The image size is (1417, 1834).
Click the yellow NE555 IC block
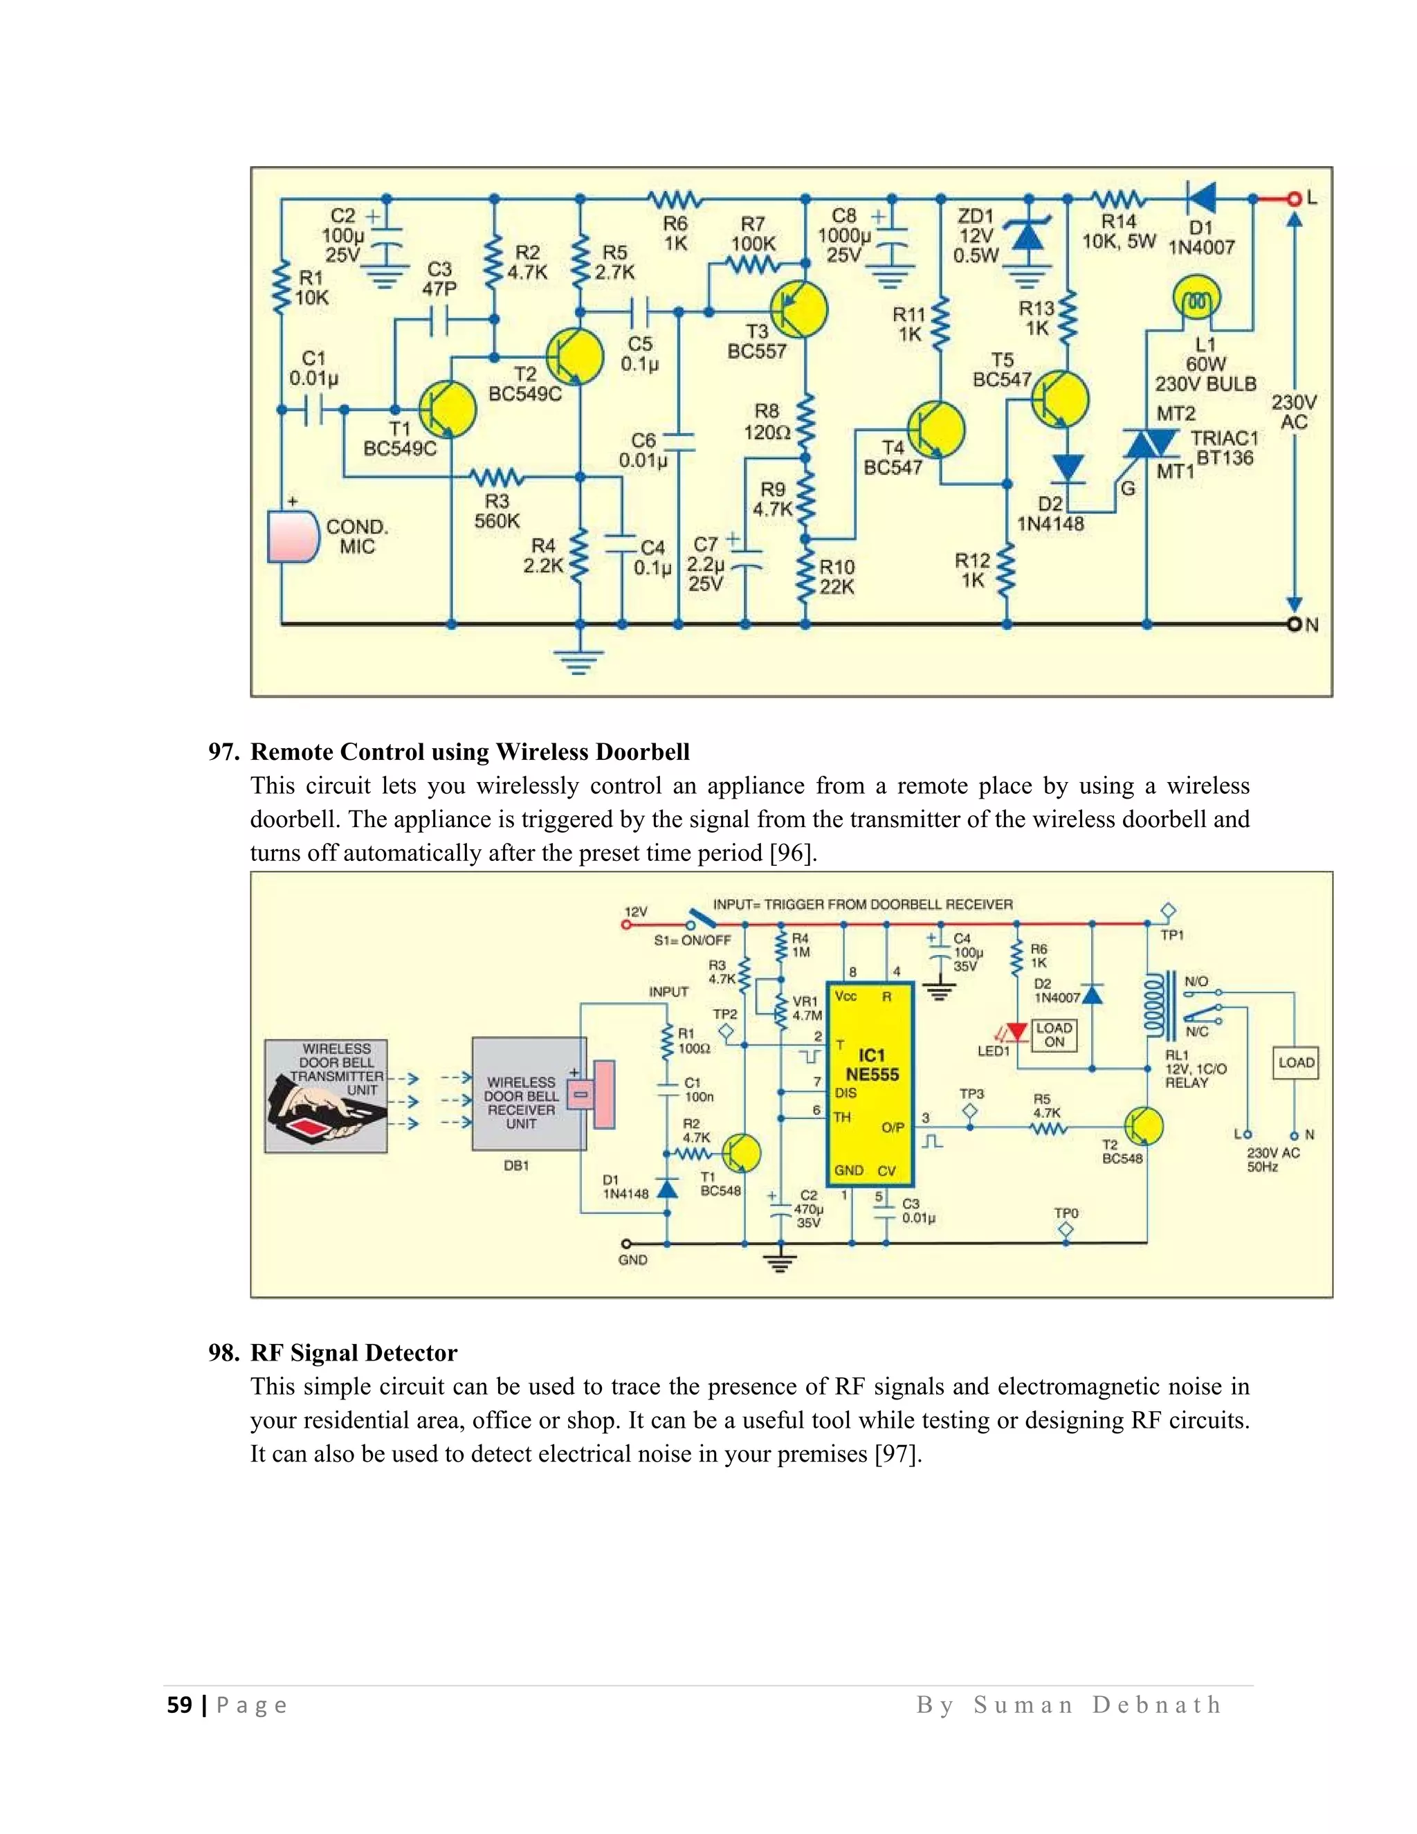click(x=870, y=1083)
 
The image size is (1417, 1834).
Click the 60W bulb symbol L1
click(x=1196, y=299)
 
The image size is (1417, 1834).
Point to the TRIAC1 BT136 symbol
click(x=1150, y=442)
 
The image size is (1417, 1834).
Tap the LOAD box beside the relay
click(x=1295, y=1062)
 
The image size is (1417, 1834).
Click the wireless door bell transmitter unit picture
click(x=326, y=1095)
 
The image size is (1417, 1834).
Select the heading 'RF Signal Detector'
click(x=354, y=1352)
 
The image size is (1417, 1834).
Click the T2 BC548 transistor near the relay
click(x=1142, y=1126)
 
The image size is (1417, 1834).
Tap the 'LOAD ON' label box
click(x=1054, y=1035)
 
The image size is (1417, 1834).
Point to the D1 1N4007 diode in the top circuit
click(x=1202, y=199)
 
